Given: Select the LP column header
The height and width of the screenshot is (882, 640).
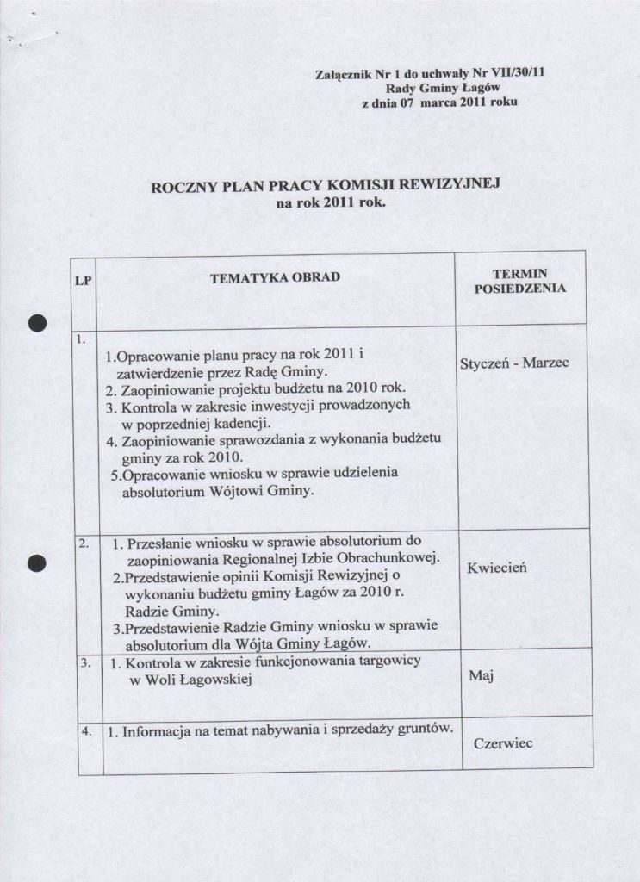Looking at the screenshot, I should [x=84, y=281].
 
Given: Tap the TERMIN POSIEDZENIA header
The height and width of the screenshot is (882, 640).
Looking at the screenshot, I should [x=520, y=281].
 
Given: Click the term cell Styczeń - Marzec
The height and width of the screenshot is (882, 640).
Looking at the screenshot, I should [x=514, y=363].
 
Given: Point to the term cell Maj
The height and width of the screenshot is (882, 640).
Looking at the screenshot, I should [x=480, y=676].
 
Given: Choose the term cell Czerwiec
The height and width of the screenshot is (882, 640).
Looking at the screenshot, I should [x=504, y=743].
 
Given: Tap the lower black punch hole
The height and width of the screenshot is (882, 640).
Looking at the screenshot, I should [x=36, y=562].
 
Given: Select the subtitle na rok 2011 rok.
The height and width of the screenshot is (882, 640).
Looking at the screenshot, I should [x=331, y=204].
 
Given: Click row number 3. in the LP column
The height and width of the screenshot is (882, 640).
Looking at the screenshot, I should [x=85, y=663].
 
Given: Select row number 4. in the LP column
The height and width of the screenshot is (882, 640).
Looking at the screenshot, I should [x=86, y=731].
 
